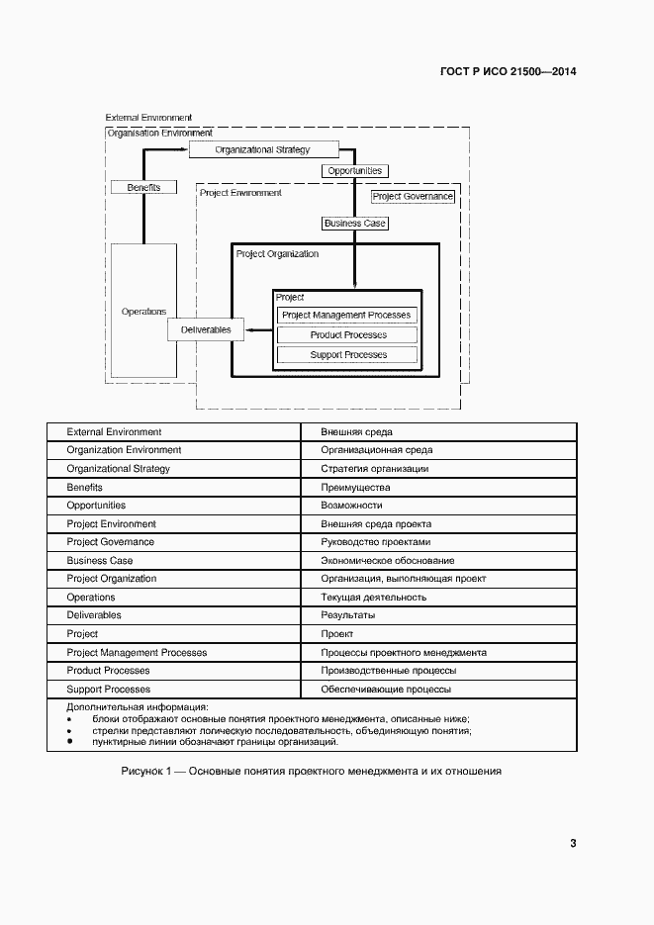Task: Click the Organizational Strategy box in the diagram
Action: [263, 149]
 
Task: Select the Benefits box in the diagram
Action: [143, 187]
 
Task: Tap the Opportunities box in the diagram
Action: [354, 171]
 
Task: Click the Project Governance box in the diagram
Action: [413, 197]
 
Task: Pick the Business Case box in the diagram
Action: [354, 224]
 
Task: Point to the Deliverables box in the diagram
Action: [206, 329]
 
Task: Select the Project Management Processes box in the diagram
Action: [346, 316]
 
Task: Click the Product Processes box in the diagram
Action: [346, 335]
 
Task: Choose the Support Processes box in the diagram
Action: [346, 355]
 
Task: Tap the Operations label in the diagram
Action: [143, 312]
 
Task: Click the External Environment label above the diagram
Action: [148, 118]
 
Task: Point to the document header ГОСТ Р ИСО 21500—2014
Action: [507, 72]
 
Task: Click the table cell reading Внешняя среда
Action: [356, 432]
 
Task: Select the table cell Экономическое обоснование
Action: [388, 561]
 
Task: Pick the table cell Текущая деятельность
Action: [374, 598]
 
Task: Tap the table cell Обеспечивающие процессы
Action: [386, 689]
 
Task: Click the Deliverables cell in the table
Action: [94, 615]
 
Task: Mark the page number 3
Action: [573, 843]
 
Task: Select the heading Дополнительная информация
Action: [137, 707]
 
